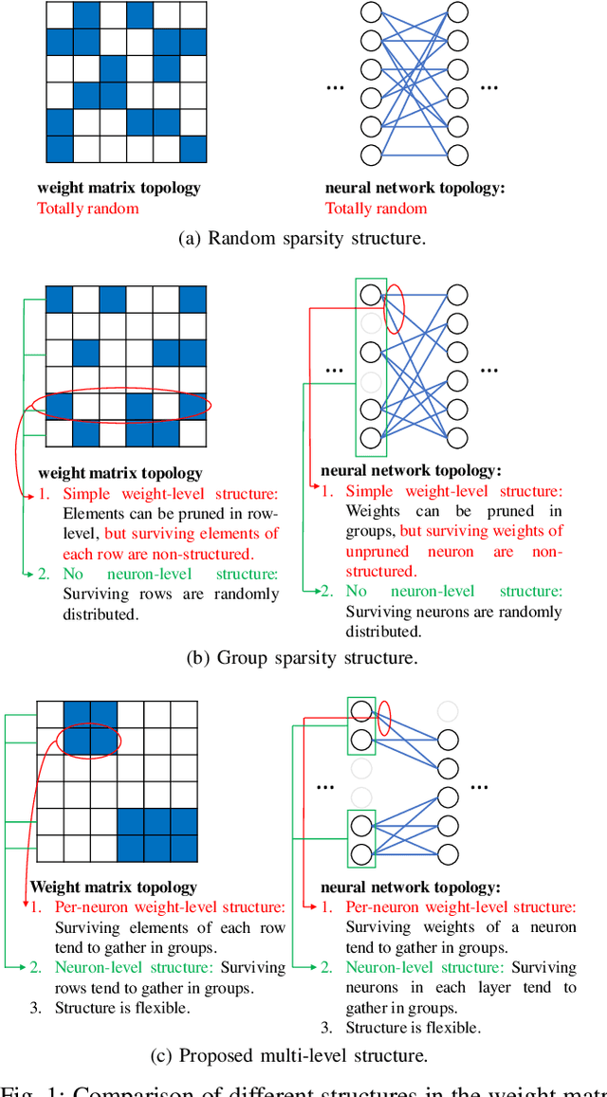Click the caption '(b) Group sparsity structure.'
tap(303, 657)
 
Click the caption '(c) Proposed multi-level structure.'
tap(303, 1054)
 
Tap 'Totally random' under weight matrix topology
tap(87, 209)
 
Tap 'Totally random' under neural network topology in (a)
tap(376, 209)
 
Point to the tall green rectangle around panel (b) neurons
tap(371, 366)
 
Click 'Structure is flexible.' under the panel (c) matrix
tap(122, 1007)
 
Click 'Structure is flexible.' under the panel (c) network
tap(413, 1027)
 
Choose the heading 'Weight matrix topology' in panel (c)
tap(113, 887)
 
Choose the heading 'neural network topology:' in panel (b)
tap(412, 469)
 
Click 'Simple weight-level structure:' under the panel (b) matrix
tap(171, 493)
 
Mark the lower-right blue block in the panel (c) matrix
tap(156, 833)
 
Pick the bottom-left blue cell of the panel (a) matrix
tap(59, 149)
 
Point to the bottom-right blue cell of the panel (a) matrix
tap(193, 149)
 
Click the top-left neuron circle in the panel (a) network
tap(371, 13)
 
